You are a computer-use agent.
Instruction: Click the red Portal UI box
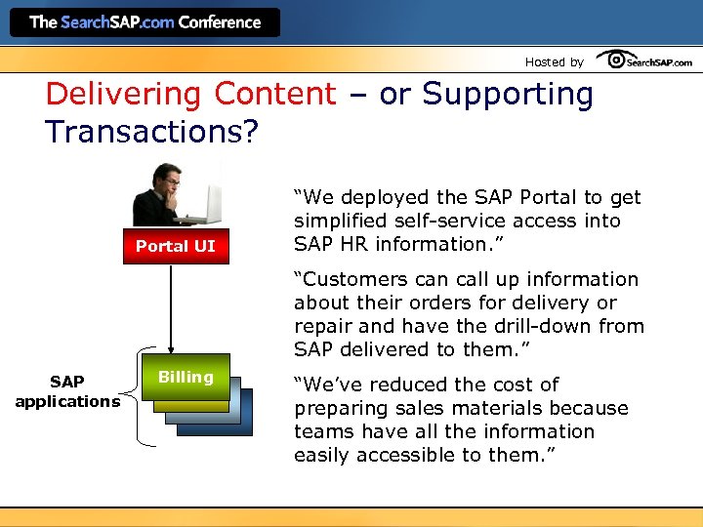tap(175, 246)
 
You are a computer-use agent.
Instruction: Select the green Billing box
tap(186, 377)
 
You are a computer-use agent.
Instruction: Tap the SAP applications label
tap(67, 391)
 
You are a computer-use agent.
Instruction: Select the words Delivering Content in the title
tap(190, 95)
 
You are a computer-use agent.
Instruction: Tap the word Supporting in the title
tap(507, 95)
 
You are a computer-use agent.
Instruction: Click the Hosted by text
tap(554, 61)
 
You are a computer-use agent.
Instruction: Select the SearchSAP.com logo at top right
tap(644, 61)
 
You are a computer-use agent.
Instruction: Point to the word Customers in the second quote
tap(355, 279)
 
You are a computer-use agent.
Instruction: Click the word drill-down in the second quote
tap(560, 326)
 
